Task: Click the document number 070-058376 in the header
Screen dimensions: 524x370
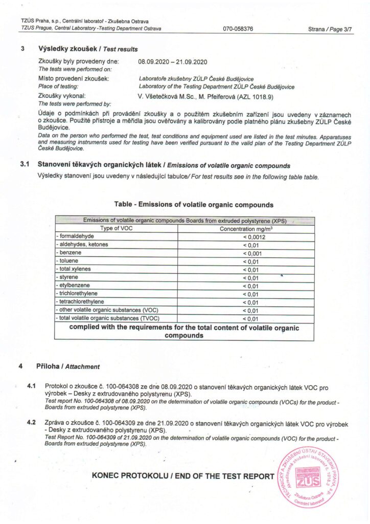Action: tap(238, 29)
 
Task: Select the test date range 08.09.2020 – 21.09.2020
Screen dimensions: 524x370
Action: tap(172, 62)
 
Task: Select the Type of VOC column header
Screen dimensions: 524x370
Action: tap(116, 228)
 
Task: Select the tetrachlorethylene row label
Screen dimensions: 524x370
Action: tap(80, 302)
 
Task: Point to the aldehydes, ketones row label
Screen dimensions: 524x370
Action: tap(82, 245)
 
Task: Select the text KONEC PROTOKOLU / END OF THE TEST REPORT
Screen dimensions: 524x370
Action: tap(183, 476)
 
